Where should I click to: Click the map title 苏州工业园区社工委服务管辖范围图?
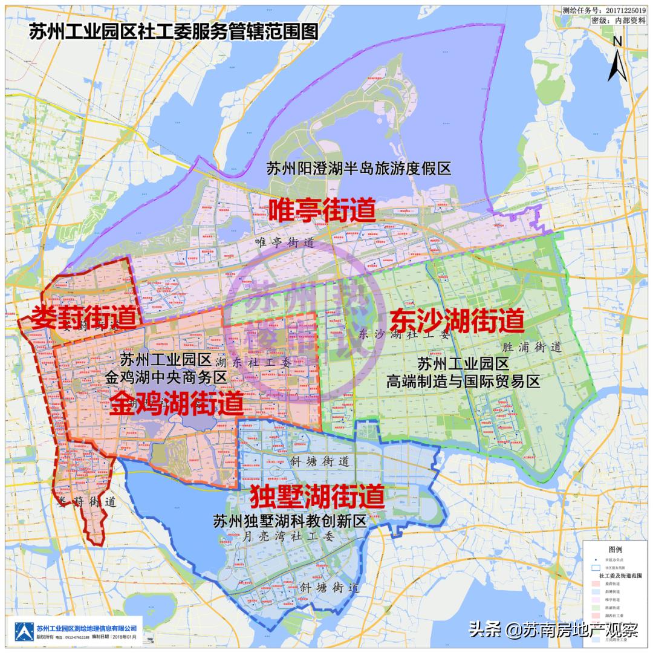click(174, 32)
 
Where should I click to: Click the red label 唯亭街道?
click(322, 210)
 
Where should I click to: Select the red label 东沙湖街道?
click(456, 320)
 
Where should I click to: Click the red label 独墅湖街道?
click(317, 497)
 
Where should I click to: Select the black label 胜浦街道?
click(532, 348)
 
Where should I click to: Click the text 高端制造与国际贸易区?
click(463, 382)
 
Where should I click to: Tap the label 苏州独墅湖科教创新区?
click(290, 521)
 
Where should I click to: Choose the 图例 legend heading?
click(615, 549)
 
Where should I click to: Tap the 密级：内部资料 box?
click(620, 20)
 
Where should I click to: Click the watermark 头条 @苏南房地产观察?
click(553, 630)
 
